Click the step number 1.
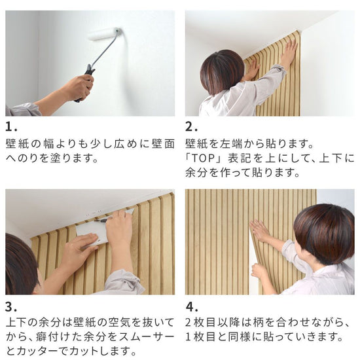(x=11, y=127)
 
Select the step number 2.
(x=191, y=127)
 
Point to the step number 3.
(x=11, y=307)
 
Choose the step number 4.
(x=192, y=307)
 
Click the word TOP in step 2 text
(x=203, y=158)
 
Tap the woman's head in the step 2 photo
(x=222, y=72)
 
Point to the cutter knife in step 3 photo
(x=101, y=221)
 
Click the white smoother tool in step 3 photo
(x=92, y=234)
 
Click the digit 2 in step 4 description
(x=189, y=323)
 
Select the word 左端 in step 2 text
(x=231, y=144)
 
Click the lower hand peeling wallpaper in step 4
(x=260, y=272)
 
